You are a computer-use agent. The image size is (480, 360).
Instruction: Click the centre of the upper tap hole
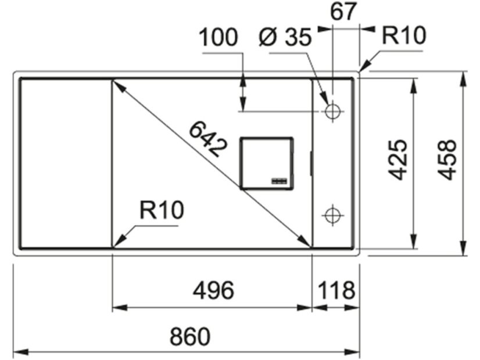(332, 111)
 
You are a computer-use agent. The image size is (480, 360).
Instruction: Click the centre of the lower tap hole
(332, 215)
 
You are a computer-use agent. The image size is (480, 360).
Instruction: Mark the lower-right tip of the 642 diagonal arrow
(311, 247)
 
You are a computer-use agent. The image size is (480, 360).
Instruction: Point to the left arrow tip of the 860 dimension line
(13, 352)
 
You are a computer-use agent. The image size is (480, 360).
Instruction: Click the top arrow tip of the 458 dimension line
(464, 71)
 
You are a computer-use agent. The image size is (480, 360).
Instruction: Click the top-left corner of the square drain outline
(241, 138)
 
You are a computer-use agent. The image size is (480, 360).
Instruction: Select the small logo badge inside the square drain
(279, 181)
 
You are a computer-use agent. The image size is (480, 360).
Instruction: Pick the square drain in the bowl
(267, 163)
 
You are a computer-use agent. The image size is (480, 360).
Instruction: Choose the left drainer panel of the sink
(66, 163)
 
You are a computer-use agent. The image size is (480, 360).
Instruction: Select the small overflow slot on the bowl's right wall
(311, 164)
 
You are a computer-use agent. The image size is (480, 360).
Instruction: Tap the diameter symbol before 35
(268, 37)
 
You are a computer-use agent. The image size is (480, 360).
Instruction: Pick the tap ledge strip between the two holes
(332, 163)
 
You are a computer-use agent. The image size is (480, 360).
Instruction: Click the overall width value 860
(190, 336)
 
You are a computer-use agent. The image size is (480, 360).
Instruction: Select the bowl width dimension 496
(213, 290)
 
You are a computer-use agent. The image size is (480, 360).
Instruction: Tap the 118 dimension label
(336, 290)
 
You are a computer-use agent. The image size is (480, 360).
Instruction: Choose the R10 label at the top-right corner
(403, 35)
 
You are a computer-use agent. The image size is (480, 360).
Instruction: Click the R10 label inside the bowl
(162, 210)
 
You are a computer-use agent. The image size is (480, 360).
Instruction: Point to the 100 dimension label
(218, 37)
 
